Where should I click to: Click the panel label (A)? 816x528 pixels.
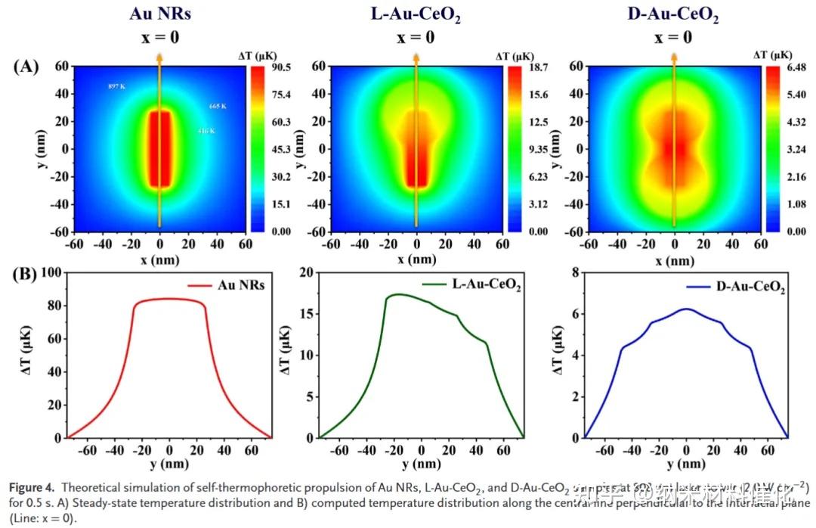coord(26,67)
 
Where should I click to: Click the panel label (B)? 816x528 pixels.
coord(26,273)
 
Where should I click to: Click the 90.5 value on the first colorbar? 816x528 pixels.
coord(281,67)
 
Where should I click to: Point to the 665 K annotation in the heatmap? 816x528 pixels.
coord(218,107)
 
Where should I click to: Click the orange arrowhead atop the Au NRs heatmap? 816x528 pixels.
coord(159,57)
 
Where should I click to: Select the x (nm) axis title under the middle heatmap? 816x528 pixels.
coord(416,259)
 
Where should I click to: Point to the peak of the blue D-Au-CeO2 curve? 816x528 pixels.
coord(685,309)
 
